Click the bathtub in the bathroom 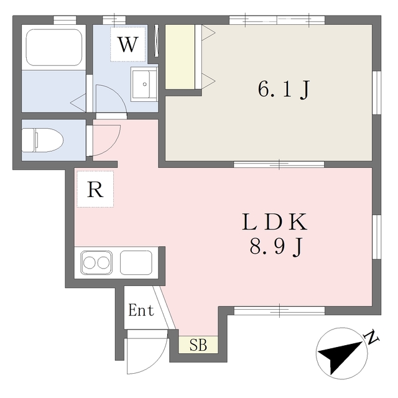click(x=54, y=47)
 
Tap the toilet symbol click(x=42, y=140)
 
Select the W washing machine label click(x=129, y=45)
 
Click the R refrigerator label click(x=95, y=190)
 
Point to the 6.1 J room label click(x=284, y=90)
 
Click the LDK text click(x=275, y=222)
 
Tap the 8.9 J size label click(x=276, y=247)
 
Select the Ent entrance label click(x=141, y=310)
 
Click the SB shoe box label click(x=198, y=345)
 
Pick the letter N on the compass click(x=371, y=336)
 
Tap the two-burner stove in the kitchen click(x=96, y=262)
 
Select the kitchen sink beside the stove click(x=136, y=262)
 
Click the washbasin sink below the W click(x=144, y=84)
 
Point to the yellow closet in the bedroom click(x=180, y=57)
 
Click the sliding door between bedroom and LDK click(x=279, y=164)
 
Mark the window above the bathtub click(x=65, y=20)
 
